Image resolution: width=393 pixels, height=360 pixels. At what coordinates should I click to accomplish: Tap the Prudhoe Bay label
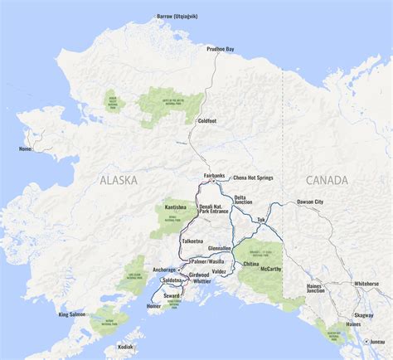[x=220, y=50]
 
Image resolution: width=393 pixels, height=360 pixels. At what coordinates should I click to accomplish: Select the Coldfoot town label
[x=206, y=121]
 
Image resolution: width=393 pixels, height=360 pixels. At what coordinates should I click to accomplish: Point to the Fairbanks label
[x=215, y=175]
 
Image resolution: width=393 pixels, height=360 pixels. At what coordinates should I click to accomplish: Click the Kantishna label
[x=175, y=206]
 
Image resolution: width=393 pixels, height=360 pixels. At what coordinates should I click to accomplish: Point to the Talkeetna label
[x=192, y=241]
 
